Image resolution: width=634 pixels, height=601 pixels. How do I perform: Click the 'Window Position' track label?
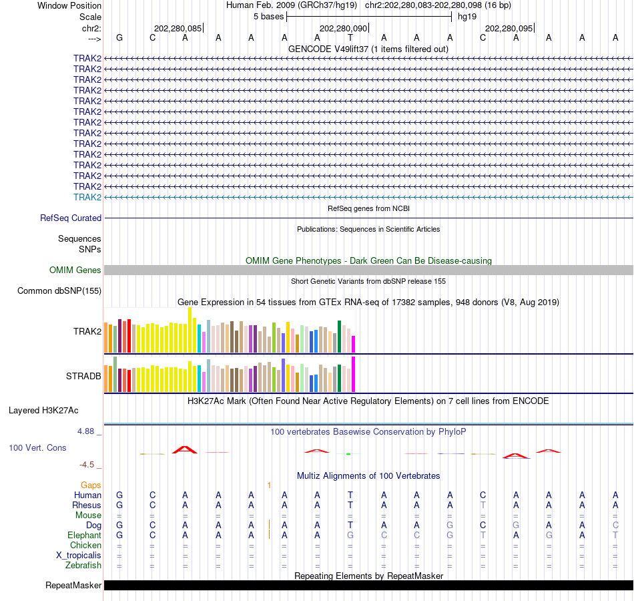pyautogui.click(x=69, y=5)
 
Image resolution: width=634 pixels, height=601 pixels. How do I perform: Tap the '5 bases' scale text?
pyautogui.click(x=268, y=16)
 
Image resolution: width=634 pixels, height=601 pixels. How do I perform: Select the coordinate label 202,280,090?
pyautogui.click(x=343, y=28)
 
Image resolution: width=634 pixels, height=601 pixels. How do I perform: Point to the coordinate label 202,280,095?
pyautogui.click(x=509, y=28)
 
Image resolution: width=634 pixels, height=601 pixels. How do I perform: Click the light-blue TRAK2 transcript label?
pyautogui.click(x=87, y=197)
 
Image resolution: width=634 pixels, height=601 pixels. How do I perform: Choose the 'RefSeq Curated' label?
pyautogui.click(x=71, y=218)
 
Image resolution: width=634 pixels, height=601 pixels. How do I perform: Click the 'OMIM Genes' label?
pyautogui.click(x=75, y=270)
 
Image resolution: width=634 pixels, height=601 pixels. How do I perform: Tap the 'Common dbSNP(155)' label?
pyautogui.click(x=59, y=290)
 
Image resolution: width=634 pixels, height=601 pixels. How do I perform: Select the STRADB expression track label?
pyautogui.click(x=83, y=376)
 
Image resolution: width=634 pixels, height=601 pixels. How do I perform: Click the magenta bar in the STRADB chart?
pyautogui.click(x=353, y=375)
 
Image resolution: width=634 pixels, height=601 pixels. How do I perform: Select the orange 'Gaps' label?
pyautogui.click(x=91, y=485)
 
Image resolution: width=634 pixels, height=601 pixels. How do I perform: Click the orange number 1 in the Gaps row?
pyautogui.click(x=269, y=485)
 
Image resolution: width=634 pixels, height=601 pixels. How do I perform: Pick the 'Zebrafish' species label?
pyautogui.click(x=83, y=565)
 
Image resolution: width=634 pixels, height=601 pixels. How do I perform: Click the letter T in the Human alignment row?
pyautogui.click(x=350, y=495)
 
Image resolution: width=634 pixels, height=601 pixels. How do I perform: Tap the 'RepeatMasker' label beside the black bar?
pyautogui.click(x=73, y=586)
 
